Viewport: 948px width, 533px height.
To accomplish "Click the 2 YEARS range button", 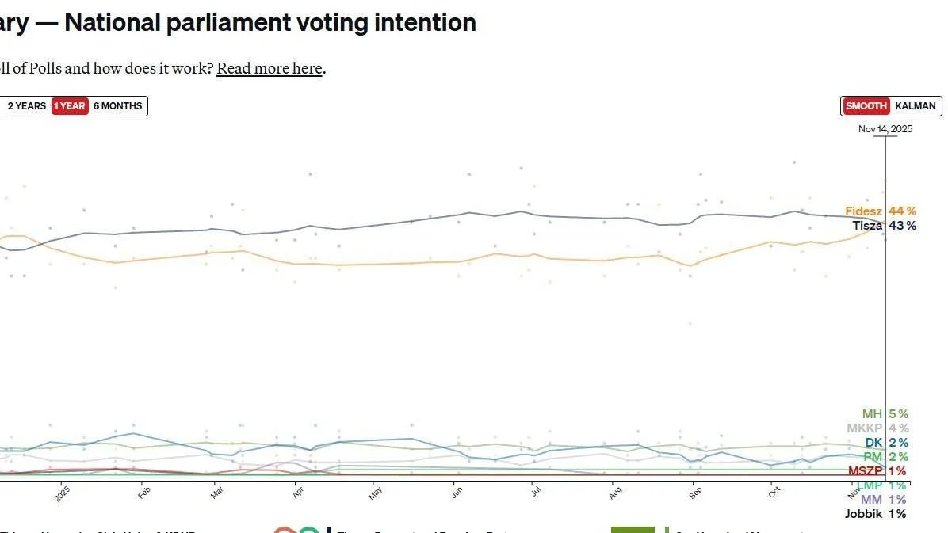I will [27, 106].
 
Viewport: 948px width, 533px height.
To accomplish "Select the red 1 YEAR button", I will [70, 106].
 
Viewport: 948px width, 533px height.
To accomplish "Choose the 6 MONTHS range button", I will [117, 106].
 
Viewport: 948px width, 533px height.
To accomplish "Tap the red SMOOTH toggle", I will [866, 106].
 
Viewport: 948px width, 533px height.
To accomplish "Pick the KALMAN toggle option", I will [916, 106].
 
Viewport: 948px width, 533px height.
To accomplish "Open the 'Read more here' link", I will [269, 68].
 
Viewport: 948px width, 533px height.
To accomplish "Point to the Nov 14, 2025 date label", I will [885, 129].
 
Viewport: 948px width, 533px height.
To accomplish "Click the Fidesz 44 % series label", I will [880, 211].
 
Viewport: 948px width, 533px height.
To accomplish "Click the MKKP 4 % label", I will [877, 428].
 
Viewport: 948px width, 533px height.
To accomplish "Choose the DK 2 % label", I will [885, 443].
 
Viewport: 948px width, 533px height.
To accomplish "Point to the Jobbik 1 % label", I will [875, 514].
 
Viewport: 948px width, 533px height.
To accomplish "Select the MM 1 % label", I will [883, 500].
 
